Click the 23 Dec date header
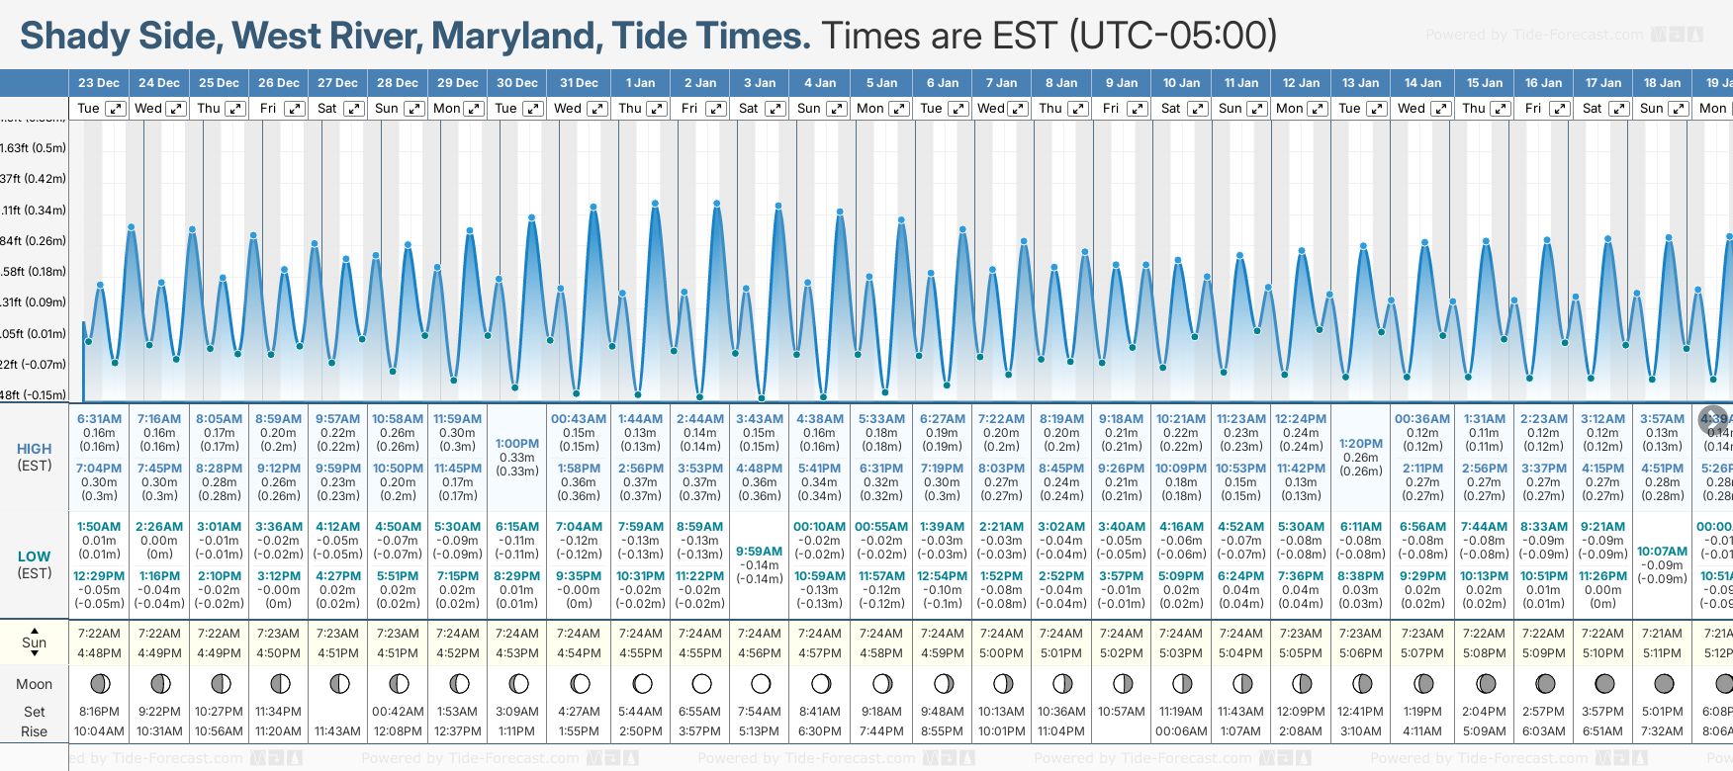coord(99,83)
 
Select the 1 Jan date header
coord(640,83)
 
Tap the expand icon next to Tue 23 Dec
coord(116,109)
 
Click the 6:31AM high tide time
coord(99,419)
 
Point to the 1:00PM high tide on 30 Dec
coord(517,444)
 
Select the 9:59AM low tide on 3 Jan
coord(760,552)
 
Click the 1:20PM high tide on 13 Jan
coord(1361,444)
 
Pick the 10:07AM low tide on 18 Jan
coord(1662,552)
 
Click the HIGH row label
coord(35,449)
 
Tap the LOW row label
coord(35,557)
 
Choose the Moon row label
coord(35,684)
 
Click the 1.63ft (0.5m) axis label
coord(34,148)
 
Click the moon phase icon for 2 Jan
coord(701,683)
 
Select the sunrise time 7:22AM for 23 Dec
coord(99,634)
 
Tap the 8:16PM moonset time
coord(99,712)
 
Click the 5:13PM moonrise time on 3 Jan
coord(760,731)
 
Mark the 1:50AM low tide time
coord(99,527)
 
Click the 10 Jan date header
coord(1181,83)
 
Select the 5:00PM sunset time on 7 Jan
coord(1001,653)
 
